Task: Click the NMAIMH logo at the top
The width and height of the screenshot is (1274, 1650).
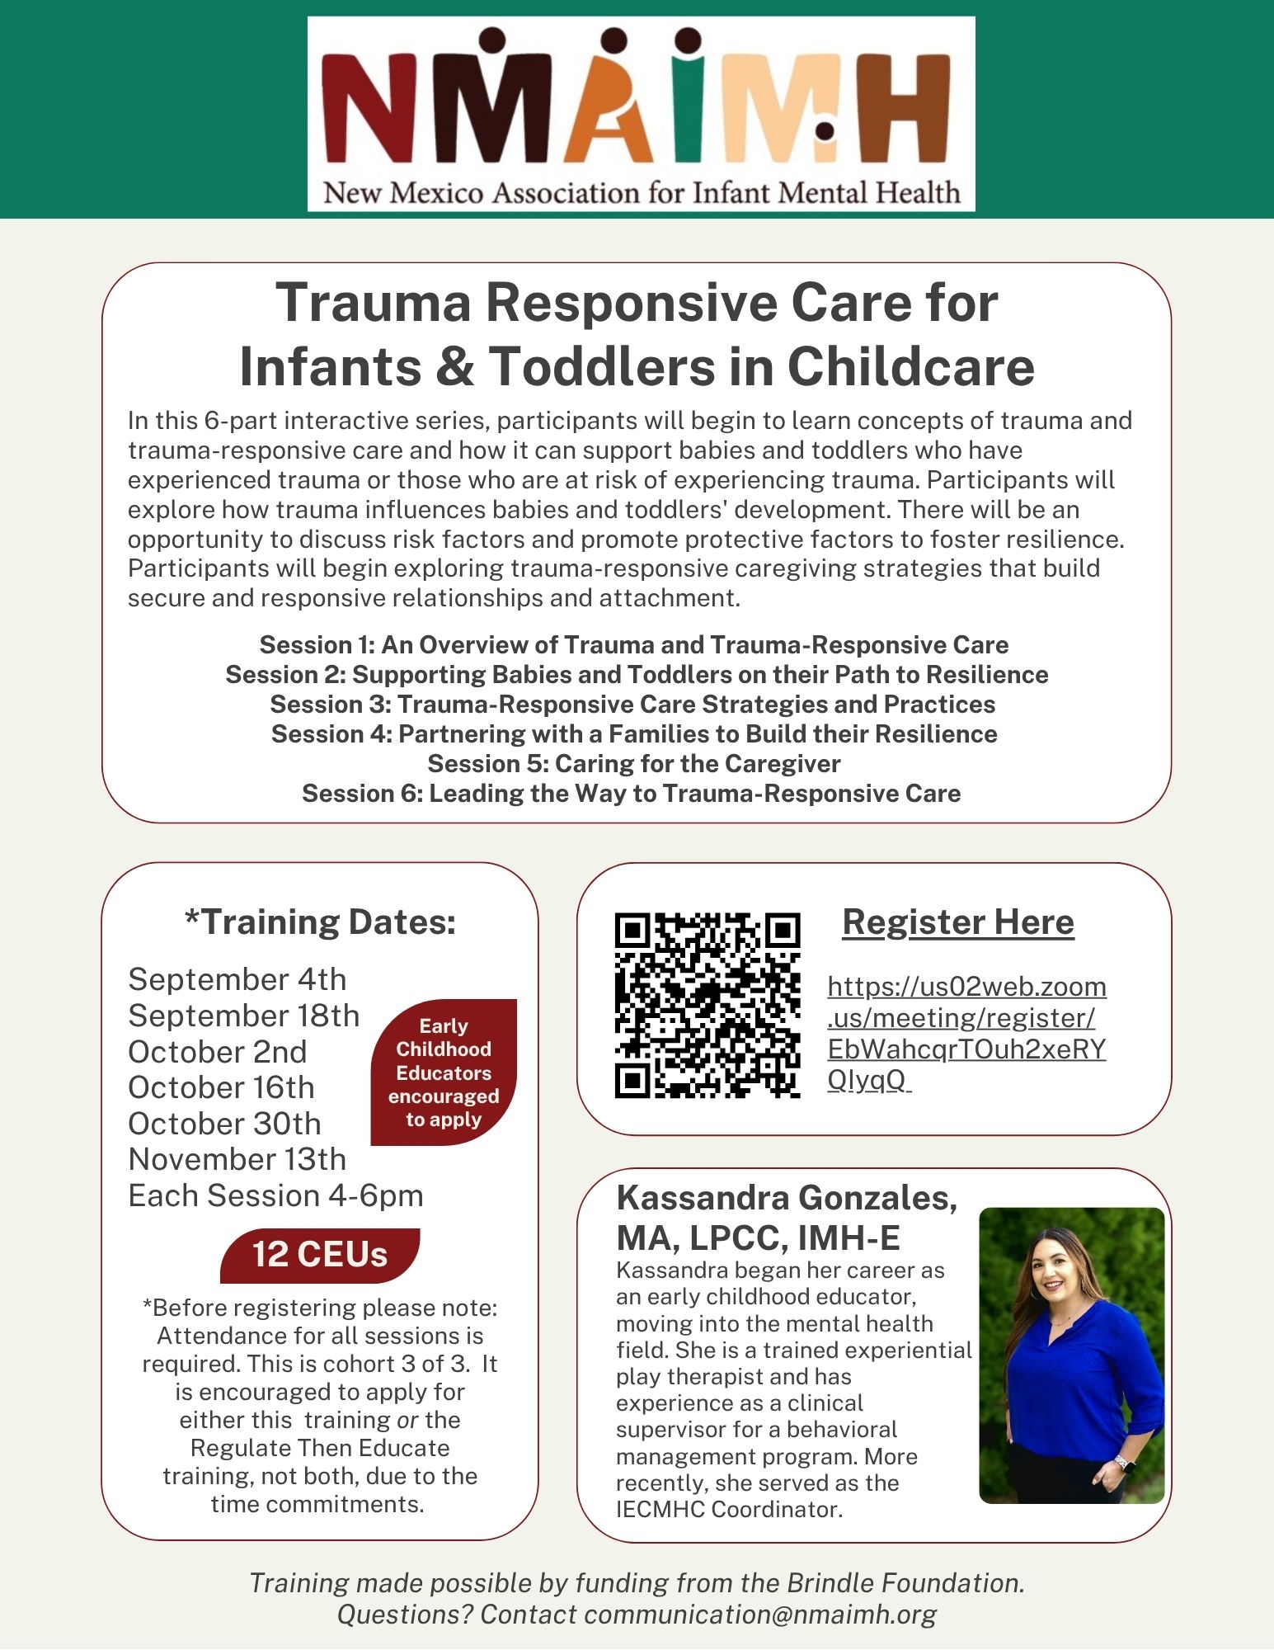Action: pyautogui.click(x=641, y=114)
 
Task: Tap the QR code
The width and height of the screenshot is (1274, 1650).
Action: pyautogui.click(x=708, y=1005)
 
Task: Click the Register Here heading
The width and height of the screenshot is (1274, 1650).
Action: pyautogui.click(x=957, y=922)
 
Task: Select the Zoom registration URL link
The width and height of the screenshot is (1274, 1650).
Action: pyautogui.click(x=966, y=1033)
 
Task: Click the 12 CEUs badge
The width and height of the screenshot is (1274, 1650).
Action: pyautogui.click(x=320, y=1255)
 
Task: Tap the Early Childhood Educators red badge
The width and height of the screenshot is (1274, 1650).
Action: pyautogui.click(x=444, y=1072)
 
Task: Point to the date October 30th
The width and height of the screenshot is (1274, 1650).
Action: pyautogui.click(x=224, y=1124)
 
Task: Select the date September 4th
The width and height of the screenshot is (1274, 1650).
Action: pyautogui.click(x=237, y=979)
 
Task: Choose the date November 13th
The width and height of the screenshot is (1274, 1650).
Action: pyautogui.click(x=237, y=1160)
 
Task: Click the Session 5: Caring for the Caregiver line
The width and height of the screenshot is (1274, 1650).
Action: pyautogui.click(x=633, y=764)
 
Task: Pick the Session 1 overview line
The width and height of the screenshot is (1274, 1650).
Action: pyautogui.click(x=633, y=645)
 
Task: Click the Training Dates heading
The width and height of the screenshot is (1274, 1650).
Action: pyautogui.click(x=320, y=922)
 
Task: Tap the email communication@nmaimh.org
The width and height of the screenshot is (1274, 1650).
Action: pyautogui.click(x=760, y=1615)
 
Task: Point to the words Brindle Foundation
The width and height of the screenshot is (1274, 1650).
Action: pyautogui.click(x=905, y=1583)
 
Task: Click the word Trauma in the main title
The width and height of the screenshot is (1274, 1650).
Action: pyautogui.click(x=373, y=303)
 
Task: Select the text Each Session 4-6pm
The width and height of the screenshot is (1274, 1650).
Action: pyautogui.click(x=275, y=1196)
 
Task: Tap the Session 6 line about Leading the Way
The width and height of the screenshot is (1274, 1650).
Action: pyautogui.click(x=631, y=794)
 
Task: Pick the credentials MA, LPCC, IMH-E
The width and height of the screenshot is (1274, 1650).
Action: pyautogui.click(x=758, y=1238)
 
